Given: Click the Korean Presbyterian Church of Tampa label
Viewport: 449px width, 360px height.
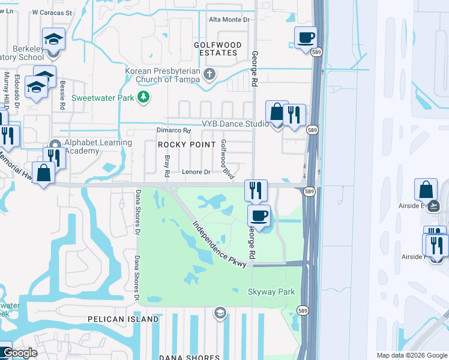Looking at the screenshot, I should pyautogui.click(x=163, y=75).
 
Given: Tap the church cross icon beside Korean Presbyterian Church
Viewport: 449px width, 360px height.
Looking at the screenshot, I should pyautogui.click(x=209, y=75).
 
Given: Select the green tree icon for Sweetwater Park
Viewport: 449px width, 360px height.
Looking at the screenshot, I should pyautogui.click(x=143, y=97).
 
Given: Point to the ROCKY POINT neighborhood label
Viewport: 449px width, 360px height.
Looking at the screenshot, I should pyautogui.click(x=186, y=145).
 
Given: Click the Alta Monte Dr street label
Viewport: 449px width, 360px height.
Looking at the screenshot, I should pyautogui.click(x=229, y=20).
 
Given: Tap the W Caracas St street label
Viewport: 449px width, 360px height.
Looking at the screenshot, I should pyautogui.click(x=52, y=12).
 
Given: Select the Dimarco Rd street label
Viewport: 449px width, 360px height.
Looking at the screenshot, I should pyautogui.click(x=173, y=130).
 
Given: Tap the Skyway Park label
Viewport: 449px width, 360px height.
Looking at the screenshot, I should pyautogui.click(x=271, y=292).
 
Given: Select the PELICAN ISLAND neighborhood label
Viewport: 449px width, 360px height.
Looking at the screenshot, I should pyautogui.click(x=123, y=319).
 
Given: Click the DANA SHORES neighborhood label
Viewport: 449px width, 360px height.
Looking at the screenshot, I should pyautogui.click(x=189, y=357).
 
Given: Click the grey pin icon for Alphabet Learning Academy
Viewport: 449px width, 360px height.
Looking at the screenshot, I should pyautogui.click(x=55, y=146).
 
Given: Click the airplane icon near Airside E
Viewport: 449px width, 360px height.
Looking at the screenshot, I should pyautogui.click(x=434, y=206).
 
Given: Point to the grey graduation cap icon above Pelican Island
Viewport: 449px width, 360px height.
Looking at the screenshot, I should pyautogui.click(x=220, y=312).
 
